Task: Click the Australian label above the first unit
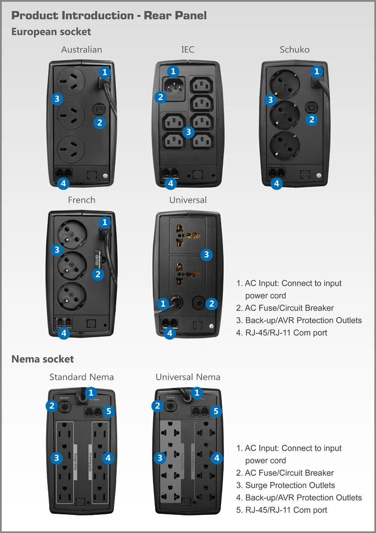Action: coord(82,50)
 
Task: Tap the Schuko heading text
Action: coord(294,50)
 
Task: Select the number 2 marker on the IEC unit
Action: coord(160,97)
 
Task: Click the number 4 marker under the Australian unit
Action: coord(63,184)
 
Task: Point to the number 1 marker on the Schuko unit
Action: coord(316,72)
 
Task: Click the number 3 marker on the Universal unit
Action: coord(207,255)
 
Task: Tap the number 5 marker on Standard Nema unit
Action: coord(110,412)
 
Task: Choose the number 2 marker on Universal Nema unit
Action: coord(158,406)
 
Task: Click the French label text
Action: coord(81,200)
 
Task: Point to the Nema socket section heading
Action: coord(43,359)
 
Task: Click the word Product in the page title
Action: coord(34,15)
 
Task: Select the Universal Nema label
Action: coord(188,377)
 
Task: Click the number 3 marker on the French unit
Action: coord(57,249)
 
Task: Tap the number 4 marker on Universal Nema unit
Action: coord(217,458)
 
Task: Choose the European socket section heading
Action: coord(51,32)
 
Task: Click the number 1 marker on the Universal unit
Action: coord(162,303)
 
